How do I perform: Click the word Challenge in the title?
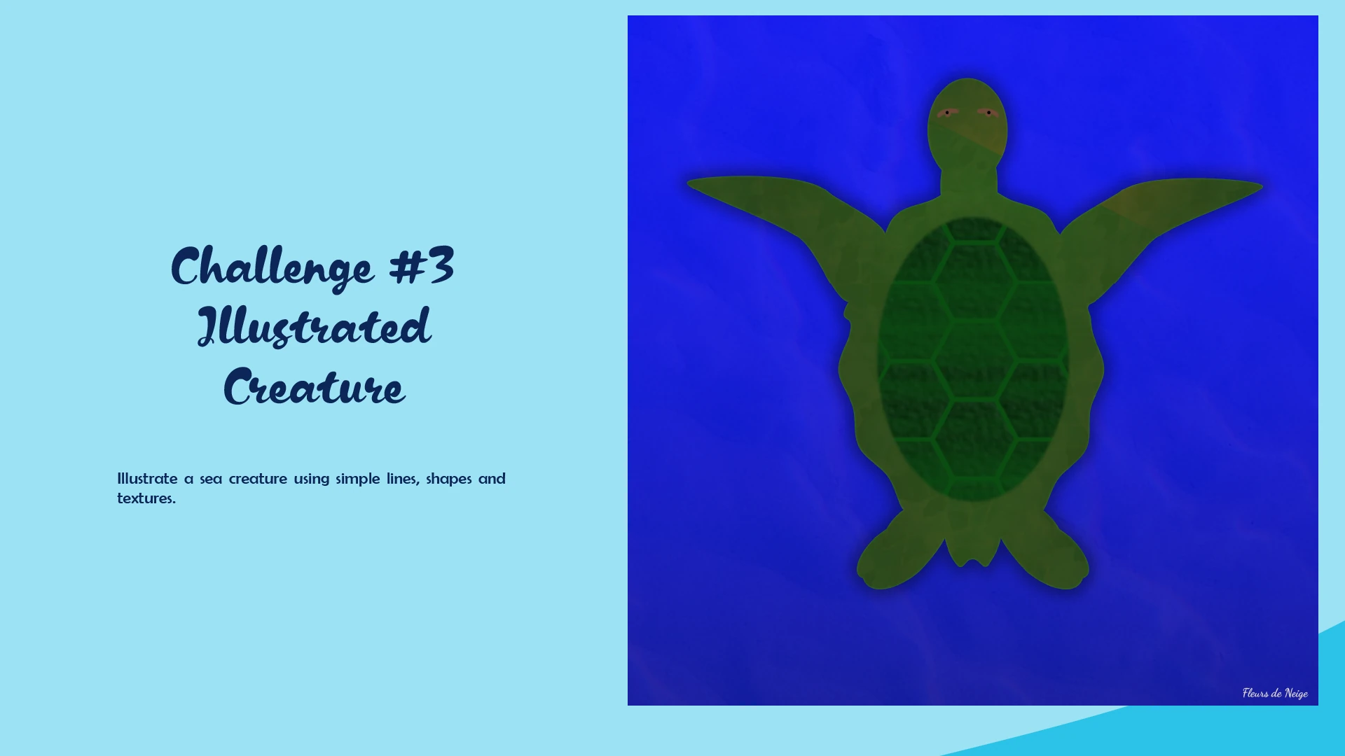click(x=272, y=267)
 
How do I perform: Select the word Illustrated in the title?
click(x=314, y=326)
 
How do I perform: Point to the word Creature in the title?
click(x=314, y=386)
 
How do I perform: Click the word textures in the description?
click(x=146, y=498)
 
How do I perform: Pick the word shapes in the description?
click(x=449, y=479)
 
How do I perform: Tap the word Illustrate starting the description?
click(x=147, y=479)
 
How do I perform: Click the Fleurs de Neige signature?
click(x=1275, y=693)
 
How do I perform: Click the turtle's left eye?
click(x=947, y=113)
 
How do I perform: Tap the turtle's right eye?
click(x=988, y=112)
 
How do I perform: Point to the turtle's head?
click(x=967, y=122)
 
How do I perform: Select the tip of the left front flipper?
click(x=689, y=183)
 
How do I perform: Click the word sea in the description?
click(x=211, y=479)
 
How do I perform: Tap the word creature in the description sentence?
click(x=258, y=479)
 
